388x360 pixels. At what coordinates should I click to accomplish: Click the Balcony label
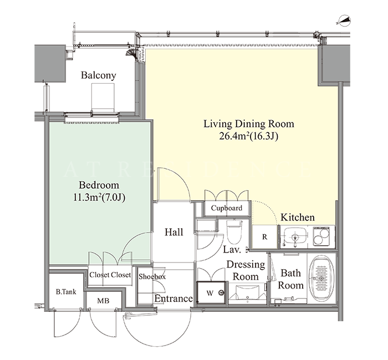coord(99,75)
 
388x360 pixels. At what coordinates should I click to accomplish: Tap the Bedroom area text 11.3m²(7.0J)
coord(99,198)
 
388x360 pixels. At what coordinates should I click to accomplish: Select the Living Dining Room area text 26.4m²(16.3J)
coord(249,136)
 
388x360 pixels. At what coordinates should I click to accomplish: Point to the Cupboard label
coord(226,208)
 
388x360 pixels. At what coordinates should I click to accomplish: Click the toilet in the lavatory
coord(234,231)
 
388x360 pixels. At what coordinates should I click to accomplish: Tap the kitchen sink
coord(294,236)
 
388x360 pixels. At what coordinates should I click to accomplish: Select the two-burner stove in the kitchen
coord(321,236)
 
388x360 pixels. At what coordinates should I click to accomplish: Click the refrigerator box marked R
coord(264,236)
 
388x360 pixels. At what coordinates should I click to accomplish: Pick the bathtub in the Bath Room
coord(321,279)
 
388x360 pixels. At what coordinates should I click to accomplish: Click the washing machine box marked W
coord(211,293)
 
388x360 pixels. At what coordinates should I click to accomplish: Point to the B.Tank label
coord(66,292)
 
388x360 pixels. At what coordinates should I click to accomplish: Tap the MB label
coord(103,301)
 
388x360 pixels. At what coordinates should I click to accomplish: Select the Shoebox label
coord(152,276)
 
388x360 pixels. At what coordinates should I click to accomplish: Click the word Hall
coord(174,232)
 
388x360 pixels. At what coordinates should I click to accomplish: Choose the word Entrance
coord(173,299)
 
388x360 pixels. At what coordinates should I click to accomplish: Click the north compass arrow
coord(344,21)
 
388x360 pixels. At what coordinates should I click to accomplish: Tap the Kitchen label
coord(298,217)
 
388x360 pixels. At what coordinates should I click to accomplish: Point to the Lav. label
coord(232,249)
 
